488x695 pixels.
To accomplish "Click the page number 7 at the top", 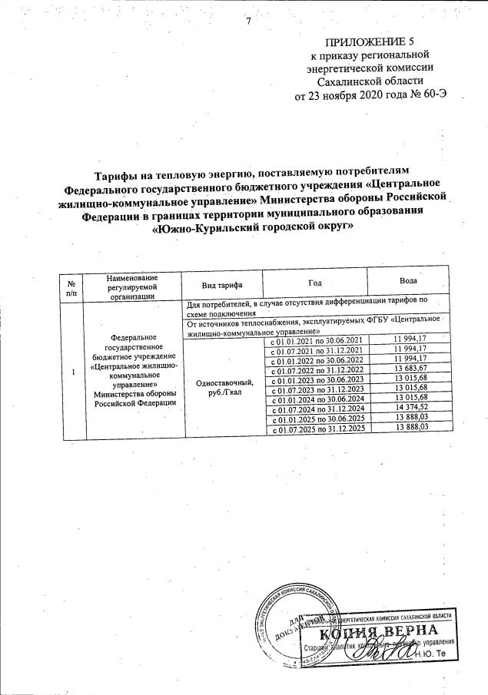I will [x=249, y=20].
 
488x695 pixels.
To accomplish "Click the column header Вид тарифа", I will [x=222, y=285].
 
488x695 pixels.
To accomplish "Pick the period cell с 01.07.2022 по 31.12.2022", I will [x=317, y=370].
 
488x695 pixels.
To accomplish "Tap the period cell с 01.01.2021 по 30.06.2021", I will [x=317, y=339].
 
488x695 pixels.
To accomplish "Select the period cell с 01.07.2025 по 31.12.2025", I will [x=317, y=429].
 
